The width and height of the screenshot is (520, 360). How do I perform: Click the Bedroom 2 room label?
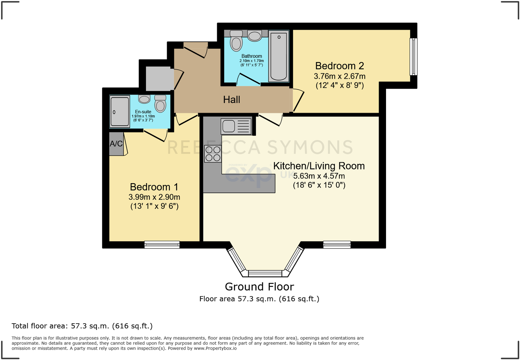click(339, 66)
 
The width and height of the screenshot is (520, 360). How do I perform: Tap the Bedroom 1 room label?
click(154, 187)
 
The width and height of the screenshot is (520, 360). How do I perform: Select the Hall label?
click(232, 100)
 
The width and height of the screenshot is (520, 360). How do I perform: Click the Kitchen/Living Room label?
click(319, 166)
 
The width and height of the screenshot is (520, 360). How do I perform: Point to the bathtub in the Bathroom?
click(278, 56)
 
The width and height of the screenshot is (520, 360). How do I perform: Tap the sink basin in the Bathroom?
click(255, 36)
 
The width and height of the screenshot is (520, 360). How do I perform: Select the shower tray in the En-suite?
click(120, 111)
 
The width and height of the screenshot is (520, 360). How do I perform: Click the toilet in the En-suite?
click(160, 104)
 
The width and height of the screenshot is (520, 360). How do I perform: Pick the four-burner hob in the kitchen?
click(213, 154)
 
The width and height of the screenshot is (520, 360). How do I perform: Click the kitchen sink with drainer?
click(236, 126)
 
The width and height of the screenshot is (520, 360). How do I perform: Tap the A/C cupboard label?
click(116, 144)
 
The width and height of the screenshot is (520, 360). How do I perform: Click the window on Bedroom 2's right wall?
click(413, 56)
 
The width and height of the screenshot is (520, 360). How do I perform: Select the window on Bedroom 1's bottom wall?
click(162, 245)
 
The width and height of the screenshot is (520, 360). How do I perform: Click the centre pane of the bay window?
click(265, 274)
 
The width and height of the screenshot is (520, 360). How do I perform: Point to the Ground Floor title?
click(259, 287)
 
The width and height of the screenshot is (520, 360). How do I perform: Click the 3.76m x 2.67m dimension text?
click(339, 76)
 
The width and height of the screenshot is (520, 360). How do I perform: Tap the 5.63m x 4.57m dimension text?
click(319, 176)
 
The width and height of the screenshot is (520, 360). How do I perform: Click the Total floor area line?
click(82, 326)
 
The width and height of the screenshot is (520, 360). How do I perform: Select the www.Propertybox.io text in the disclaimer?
click(215, 348)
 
